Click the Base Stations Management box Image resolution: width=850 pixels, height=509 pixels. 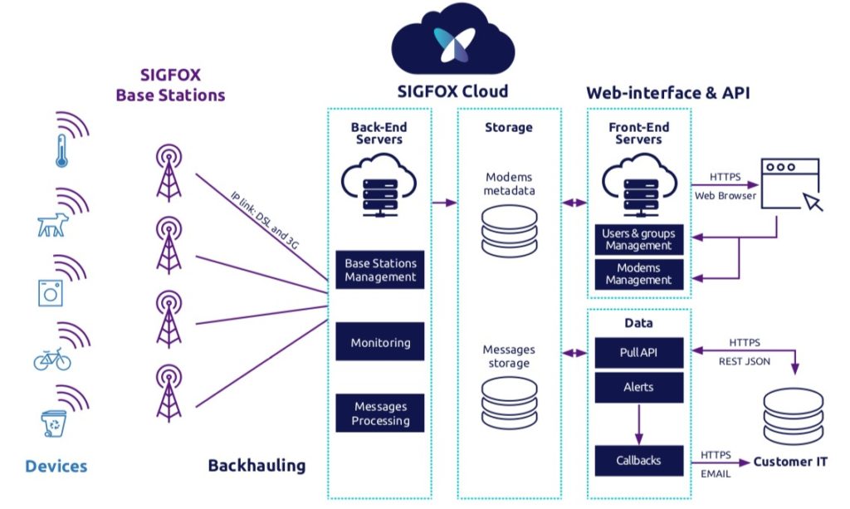point(380,270)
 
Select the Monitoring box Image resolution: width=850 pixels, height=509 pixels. point(380,342)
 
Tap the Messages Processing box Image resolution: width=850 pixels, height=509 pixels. point(380,414)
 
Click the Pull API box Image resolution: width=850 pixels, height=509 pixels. point(639,352)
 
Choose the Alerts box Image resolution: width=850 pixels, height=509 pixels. point(639,387)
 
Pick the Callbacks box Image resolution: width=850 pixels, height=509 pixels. point(639,459)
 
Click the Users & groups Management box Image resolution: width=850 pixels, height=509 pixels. point(638,240)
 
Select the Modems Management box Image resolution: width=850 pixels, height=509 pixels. point(638,274)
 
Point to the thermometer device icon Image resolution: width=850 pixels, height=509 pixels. point(61,150)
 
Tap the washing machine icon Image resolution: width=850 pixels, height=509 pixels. point(50,291)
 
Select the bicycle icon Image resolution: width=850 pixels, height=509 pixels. point(51,360)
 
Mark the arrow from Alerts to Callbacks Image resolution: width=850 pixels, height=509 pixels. point(639,423)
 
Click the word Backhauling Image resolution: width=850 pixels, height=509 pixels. point(256,466)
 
